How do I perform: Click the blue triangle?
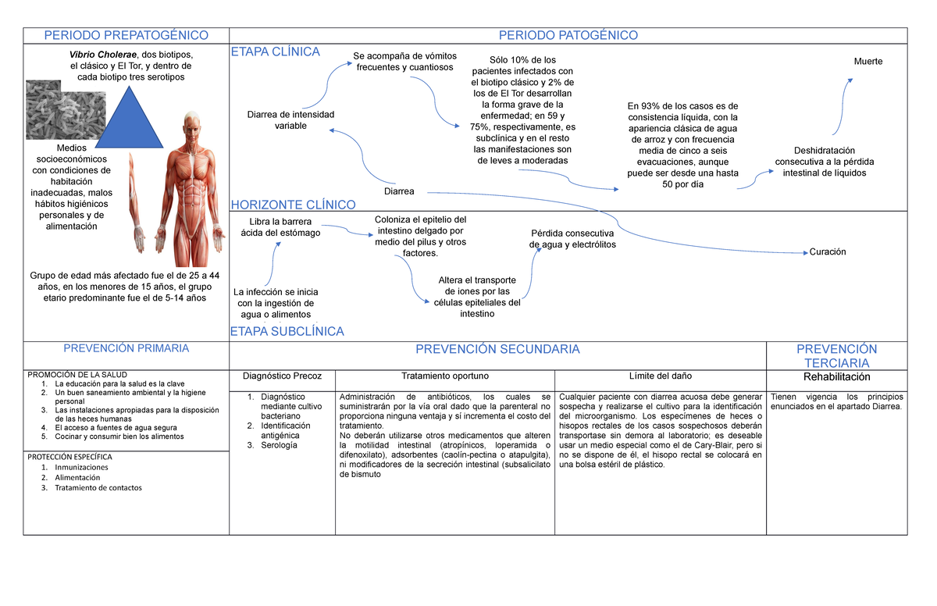pos(126,122)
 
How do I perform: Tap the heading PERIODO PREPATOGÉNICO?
pos(126,35)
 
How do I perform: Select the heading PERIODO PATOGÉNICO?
pos(568,35)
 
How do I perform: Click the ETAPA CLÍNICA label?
pos(275,52)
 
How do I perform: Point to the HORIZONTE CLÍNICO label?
pos(293,205)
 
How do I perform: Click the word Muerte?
pos(868,62)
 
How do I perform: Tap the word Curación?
pos(828,251)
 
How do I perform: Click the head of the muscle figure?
pos(191,122)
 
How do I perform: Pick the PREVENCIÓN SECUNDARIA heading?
pos(497,349)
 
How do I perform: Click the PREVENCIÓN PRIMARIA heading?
pos(126,348)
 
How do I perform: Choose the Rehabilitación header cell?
pos(837,376)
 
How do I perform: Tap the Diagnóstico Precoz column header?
pos(282,376)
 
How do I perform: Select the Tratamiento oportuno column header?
pos(445,376)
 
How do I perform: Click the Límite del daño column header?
pos(660,376)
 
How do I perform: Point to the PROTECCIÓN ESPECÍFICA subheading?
pos(70,456)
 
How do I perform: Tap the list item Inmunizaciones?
pos(81,467)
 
